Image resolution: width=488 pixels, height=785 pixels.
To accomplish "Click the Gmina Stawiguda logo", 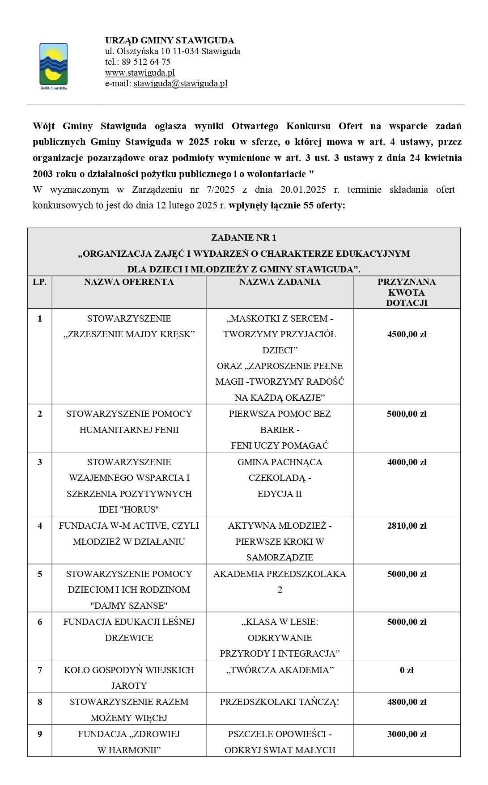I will tap(54, 65).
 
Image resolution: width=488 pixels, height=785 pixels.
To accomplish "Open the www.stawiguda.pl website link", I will tap(140, 72).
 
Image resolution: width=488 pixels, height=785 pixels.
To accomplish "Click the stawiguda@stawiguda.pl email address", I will tap(180, 83).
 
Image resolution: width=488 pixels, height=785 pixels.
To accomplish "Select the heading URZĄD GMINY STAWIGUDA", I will tap(170, 40).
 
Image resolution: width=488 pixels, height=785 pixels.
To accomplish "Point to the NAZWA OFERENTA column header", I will tap(129, 282).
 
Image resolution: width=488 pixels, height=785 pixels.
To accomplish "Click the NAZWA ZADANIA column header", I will tap(280, 282).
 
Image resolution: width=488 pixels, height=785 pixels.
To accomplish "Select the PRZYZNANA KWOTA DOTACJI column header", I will tap(407, 292).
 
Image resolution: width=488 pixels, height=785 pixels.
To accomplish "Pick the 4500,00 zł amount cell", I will tap(407, 334).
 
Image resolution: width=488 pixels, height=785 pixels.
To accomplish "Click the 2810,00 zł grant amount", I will tap(407, 526).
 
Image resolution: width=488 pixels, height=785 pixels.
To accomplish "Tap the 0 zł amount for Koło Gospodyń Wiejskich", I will tap(407, 670).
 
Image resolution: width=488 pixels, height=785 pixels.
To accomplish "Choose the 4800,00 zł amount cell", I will tap(407, 702).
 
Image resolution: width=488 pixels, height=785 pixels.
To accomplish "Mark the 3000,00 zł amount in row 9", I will tap(407, 734).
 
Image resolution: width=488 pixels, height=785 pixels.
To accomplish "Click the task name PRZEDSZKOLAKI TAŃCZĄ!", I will tap(280, 702).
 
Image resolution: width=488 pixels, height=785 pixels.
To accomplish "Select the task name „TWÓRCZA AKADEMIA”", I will tap(280, 670).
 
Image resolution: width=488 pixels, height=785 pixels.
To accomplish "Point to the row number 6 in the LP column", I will tap(40, 622).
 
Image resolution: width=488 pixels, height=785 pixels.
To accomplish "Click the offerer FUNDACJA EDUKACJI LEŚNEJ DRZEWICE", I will tap(129, 629).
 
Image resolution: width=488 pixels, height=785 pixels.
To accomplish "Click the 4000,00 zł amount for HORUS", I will tap(407, 462).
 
